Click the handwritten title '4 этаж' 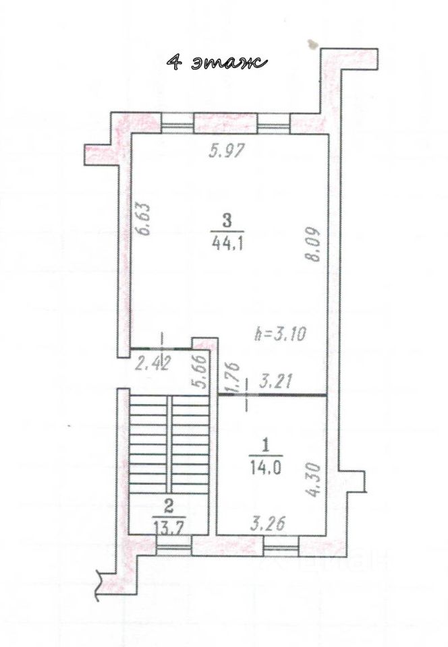tap(217, 62)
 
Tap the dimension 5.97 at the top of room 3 tap(227, 151)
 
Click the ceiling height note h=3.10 tap(281, 334)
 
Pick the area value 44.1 tap(227, 244)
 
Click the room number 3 tap(227, 221)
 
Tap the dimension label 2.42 tap(152, 365)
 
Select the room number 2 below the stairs tap(167, 504)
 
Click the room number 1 tap(266, 445)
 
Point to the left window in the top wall tap(177, 123)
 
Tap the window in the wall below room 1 tap(281, 545)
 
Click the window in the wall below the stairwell tap(175, 545)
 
